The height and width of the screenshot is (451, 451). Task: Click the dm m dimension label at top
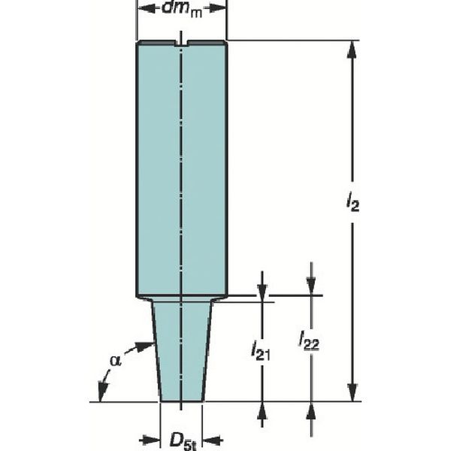[183, 9]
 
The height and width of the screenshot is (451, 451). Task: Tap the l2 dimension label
[353, 202]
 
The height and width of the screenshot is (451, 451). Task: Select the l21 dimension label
[261, 350]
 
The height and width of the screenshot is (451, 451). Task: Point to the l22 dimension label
[309, 341]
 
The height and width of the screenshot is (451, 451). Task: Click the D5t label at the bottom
[183, 441]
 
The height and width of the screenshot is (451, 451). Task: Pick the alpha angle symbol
[115, 361]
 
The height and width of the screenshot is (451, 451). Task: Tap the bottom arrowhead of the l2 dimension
[353, 392]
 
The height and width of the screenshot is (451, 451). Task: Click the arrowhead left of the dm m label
[147, 8]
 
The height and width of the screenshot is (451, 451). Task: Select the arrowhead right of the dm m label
[217, 8]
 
